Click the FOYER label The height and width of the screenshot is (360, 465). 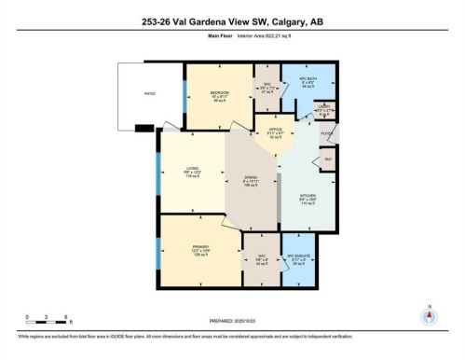point(327,133)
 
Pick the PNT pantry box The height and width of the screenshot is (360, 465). point(328,160)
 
